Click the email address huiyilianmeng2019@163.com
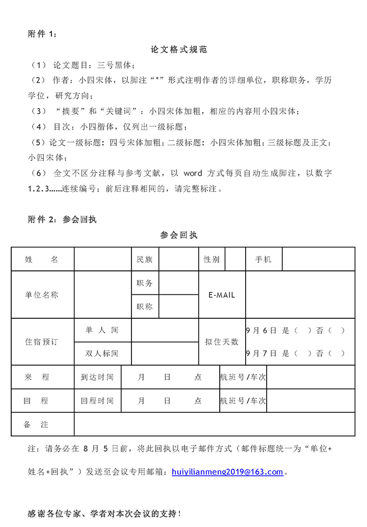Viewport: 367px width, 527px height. pyautogui.click(x=227, y=472)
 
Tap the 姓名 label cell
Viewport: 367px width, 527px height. pyautogui.click(x=42, y=260)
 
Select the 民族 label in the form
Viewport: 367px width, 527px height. pyautogui.click(x=145, y=260)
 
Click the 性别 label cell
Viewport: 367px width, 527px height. pyautogui.click(x=212, y=260)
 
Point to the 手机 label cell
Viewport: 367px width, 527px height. pyautogui.click(x=264, y=260)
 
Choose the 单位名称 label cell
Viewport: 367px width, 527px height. pyautogui.click(x=42, y=295)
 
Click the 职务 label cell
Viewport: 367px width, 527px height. pyautogui.click(x=145, y=283)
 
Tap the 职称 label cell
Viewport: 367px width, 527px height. pyautogui.click(x=145, y=307)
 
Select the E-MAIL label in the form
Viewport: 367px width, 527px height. pyautogui.click(x=222, y=295)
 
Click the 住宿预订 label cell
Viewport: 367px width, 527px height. pyautogui.click(x=42, y=342)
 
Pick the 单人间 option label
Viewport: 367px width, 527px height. pyautogui.click(x=102, y=330)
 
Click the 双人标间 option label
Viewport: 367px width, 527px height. pyautogui.click(x=102, y=353)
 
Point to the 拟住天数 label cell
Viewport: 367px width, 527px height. pyautogui.click(x=222, y=342)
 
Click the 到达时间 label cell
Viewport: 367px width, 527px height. pyautogui.click(x=97, y=377)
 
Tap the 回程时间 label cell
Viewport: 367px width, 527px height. pyautogui.click(x=97, y=401)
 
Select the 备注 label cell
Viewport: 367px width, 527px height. pyautogui.click(x=36, y=425)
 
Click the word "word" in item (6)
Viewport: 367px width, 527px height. pyautogui.click(x=193, y=173)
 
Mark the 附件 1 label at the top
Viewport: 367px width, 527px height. pyautogui.click(x=43, y=34)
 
